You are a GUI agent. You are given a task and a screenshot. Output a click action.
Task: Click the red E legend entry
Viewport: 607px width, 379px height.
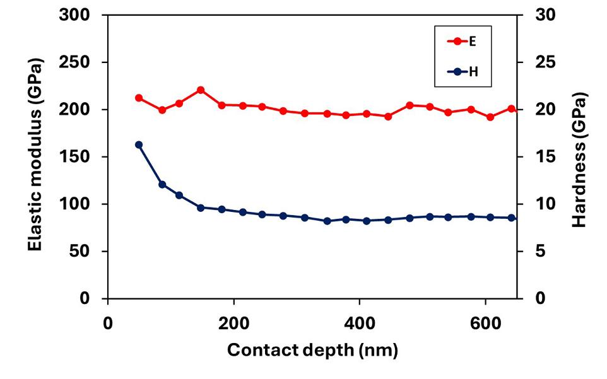tap(463, 41)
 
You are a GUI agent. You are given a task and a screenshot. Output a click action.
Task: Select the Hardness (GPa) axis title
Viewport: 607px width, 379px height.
tap(579, 160)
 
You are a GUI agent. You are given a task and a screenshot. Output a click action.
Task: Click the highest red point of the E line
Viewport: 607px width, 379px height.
tap(201, 90)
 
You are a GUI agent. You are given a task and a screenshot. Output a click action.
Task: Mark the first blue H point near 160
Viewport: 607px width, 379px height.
tap(139, 145)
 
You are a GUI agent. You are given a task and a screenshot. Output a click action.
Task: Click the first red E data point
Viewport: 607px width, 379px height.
tap(139, 98)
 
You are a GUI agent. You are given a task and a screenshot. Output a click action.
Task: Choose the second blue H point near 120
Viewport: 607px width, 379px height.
tap(162, 185)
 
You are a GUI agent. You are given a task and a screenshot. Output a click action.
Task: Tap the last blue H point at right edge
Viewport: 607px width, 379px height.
tap(512, 218)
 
